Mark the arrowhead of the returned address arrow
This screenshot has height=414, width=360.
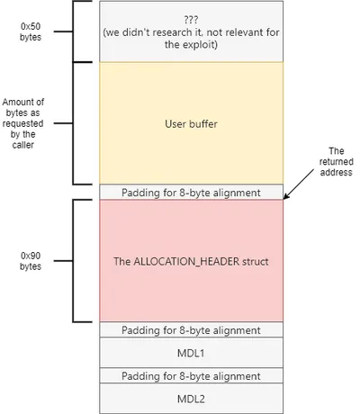pyautogui.click(x=286, y=197)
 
